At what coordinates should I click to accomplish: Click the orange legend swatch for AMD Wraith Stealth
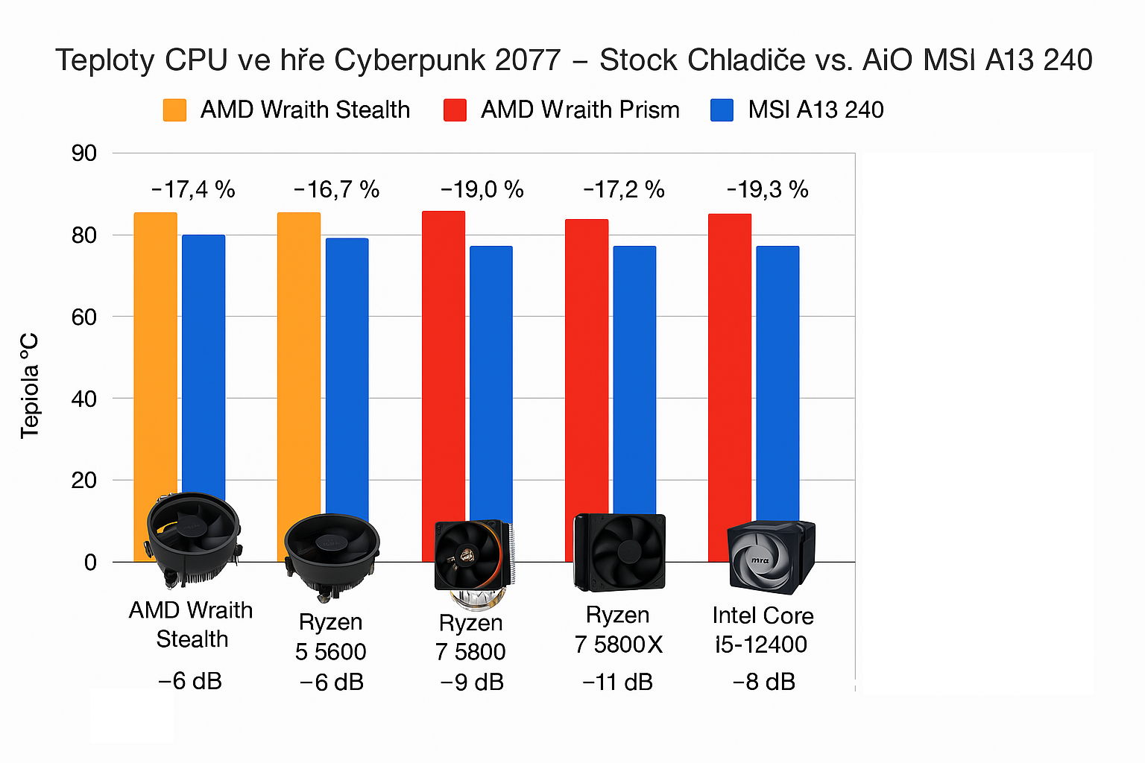pos(174,110)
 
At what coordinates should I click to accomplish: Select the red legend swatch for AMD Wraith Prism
pos(455,110)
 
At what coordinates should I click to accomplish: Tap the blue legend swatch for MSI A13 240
pos(722,110)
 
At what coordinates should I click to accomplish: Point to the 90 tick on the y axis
pos(84,153)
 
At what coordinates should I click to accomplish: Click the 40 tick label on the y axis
pos(84,399)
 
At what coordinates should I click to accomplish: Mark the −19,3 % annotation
pos(767,190)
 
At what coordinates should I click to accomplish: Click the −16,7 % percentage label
pos(336,190)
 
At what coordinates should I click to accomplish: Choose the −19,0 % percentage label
pos(482,190)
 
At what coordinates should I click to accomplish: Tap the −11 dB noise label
pos(617,682)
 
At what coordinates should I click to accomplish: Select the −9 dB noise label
pos(472,682)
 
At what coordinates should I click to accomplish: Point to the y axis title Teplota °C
pos(30,386)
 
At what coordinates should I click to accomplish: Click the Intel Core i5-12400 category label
pos(762,630)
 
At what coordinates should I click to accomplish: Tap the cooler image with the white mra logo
pos(769,557)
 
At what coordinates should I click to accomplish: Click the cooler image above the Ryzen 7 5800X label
pos(619,551)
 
